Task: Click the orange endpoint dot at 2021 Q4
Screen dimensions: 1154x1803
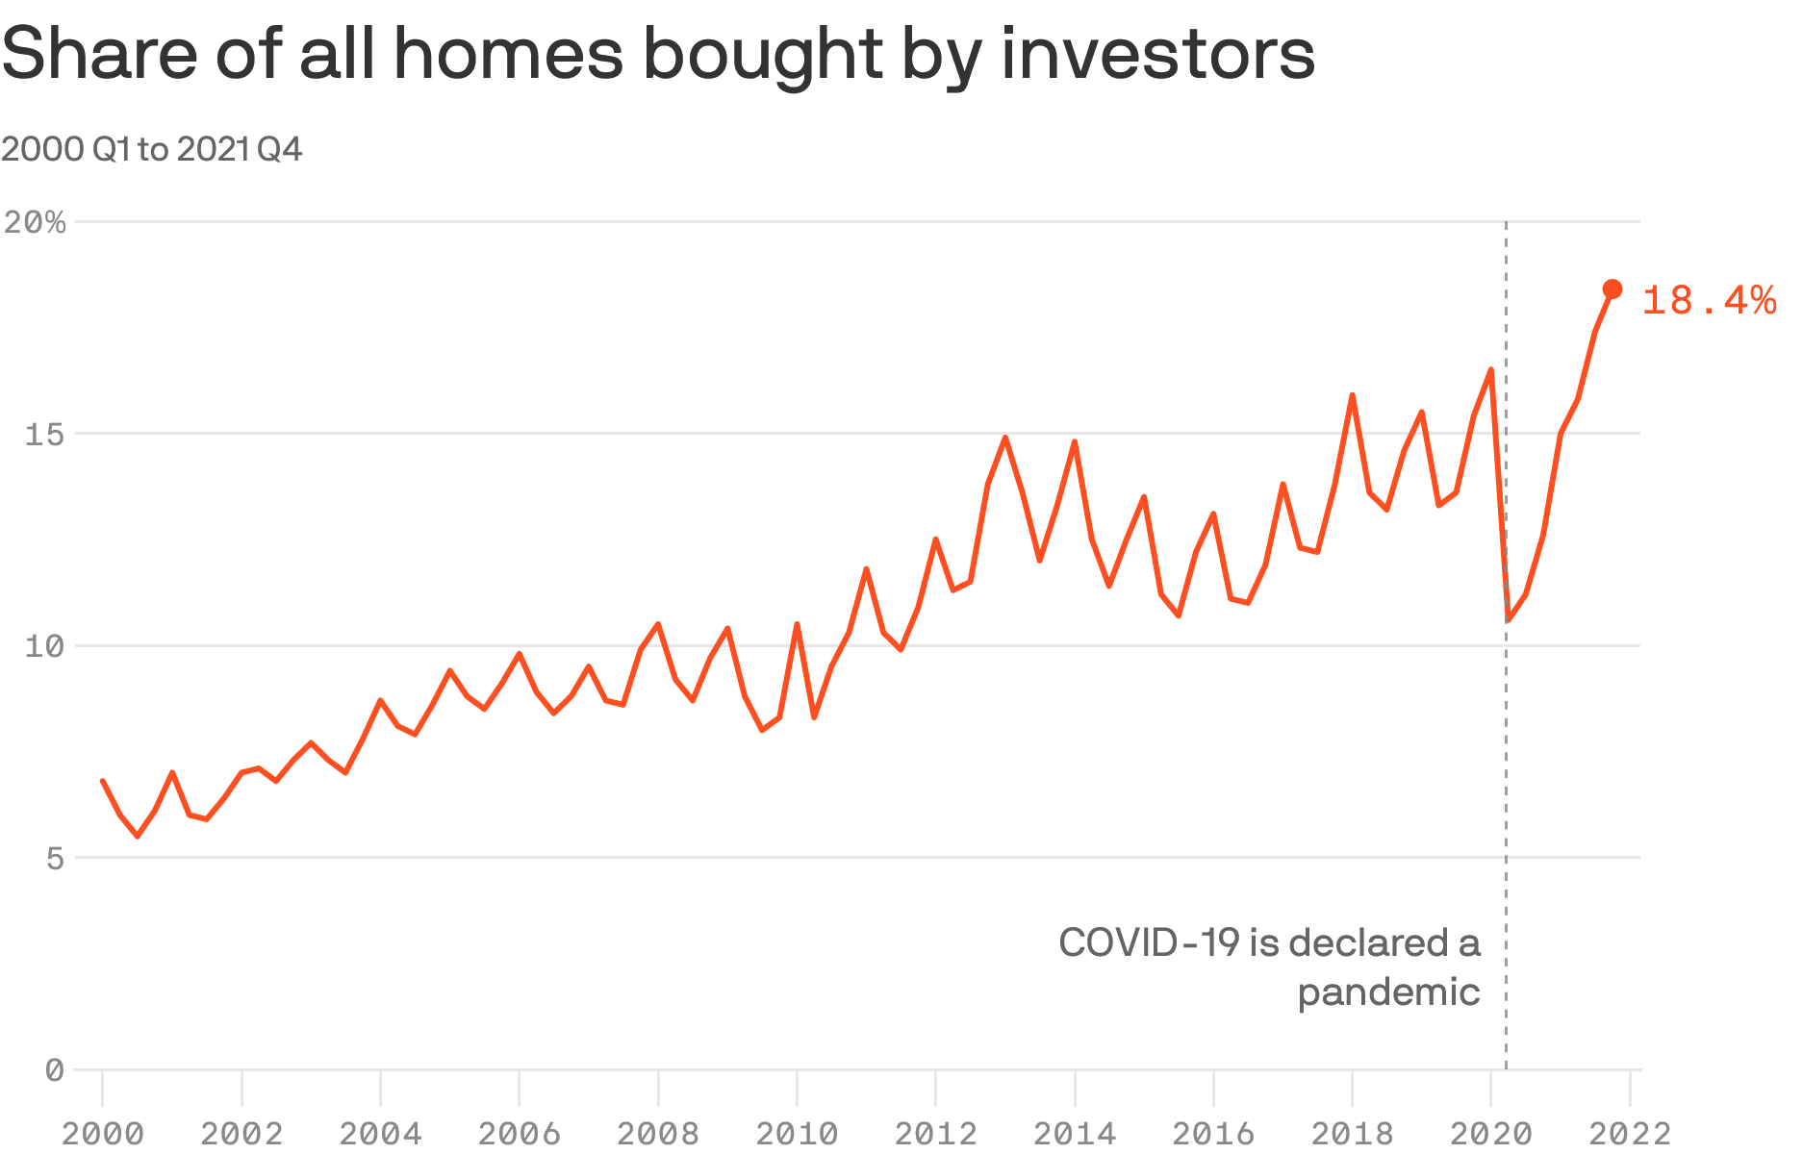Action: click(1613, 289)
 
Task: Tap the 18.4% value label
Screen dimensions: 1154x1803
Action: click(1708, 301)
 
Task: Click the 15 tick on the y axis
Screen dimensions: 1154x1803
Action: click(45, 435)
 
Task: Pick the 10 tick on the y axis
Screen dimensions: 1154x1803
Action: click(45, 646)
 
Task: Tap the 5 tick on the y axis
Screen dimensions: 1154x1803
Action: click(55, 858)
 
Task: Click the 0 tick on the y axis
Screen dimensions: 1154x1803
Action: click(55, 1069)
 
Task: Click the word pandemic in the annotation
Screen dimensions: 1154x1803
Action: click(1388, 992)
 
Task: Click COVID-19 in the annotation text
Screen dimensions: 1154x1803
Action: click(1149, 942)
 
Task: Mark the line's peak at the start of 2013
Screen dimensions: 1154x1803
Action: click(1005, 438)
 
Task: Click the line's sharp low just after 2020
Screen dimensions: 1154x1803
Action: click(1509, 620)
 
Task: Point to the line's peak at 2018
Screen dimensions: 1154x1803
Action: click(1352, 395)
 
